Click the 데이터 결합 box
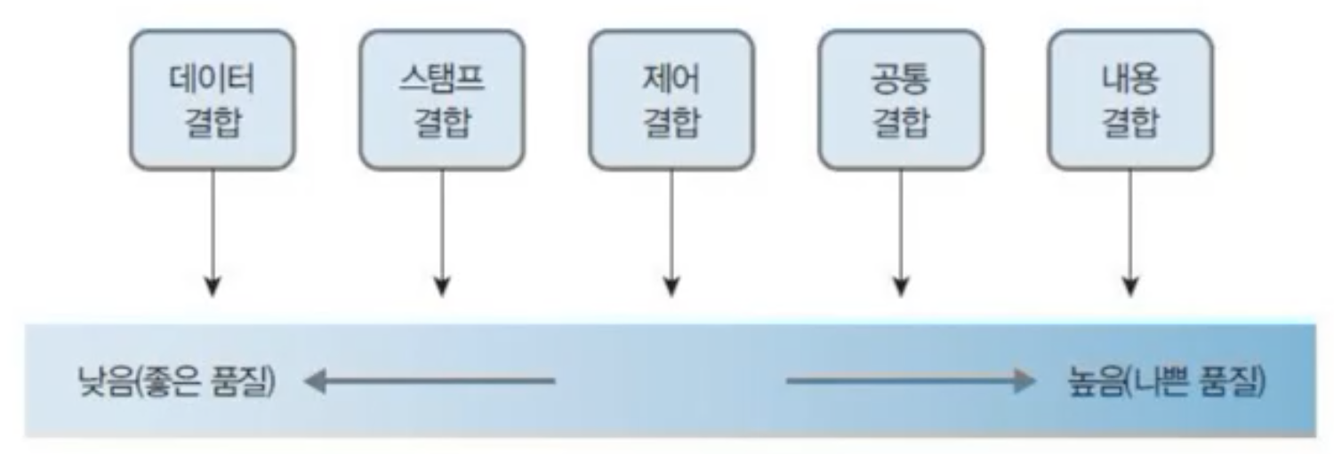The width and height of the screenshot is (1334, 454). point(212,99)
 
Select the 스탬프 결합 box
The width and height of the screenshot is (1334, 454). point(441,99)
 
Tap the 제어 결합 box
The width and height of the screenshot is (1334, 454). point(671,99)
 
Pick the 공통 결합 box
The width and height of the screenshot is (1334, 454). point(900,99)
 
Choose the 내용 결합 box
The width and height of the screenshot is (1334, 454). point(1129,99)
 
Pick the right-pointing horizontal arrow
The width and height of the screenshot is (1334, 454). point(911,382)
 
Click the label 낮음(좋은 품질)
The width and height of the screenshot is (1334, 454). point(177,383)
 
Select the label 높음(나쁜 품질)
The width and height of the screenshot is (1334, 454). point(1164,383)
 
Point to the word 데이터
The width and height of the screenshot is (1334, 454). point(212,79)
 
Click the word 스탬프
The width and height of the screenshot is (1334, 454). point(441,79)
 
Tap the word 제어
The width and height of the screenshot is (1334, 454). point(671,79)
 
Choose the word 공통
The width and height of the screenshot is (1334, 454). point(900,79)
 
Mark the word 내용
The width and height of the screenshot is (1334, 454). point(1129,79)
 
